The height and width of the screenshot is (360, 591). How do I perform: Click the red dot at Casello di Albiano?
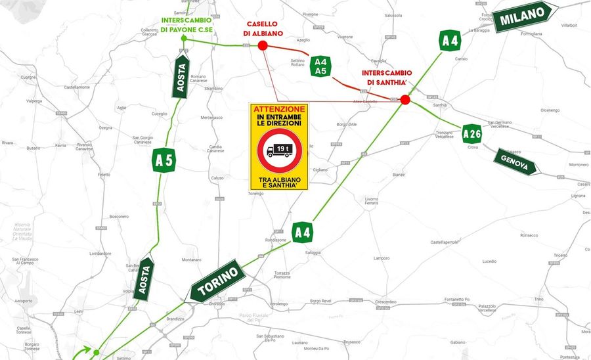[263, 45]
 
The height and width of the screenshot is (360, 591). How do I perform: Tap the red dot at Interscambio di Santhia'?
[405, 100]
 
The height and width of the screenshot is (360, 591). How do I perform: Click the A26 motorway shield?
[472, 134]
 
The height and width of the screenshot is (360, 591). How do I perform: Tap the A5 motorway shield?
[164, 159]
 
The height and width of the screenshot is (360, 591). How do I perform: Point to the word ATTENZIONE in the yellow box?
[279, 108]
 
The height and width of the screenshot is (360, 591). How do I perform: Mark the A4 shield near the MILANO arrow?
[450, 41]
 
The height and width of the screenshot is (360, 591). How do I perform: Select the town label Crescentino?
[372, 302]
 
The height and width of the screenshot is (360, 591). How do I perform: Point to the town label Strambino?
[214, 88]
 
